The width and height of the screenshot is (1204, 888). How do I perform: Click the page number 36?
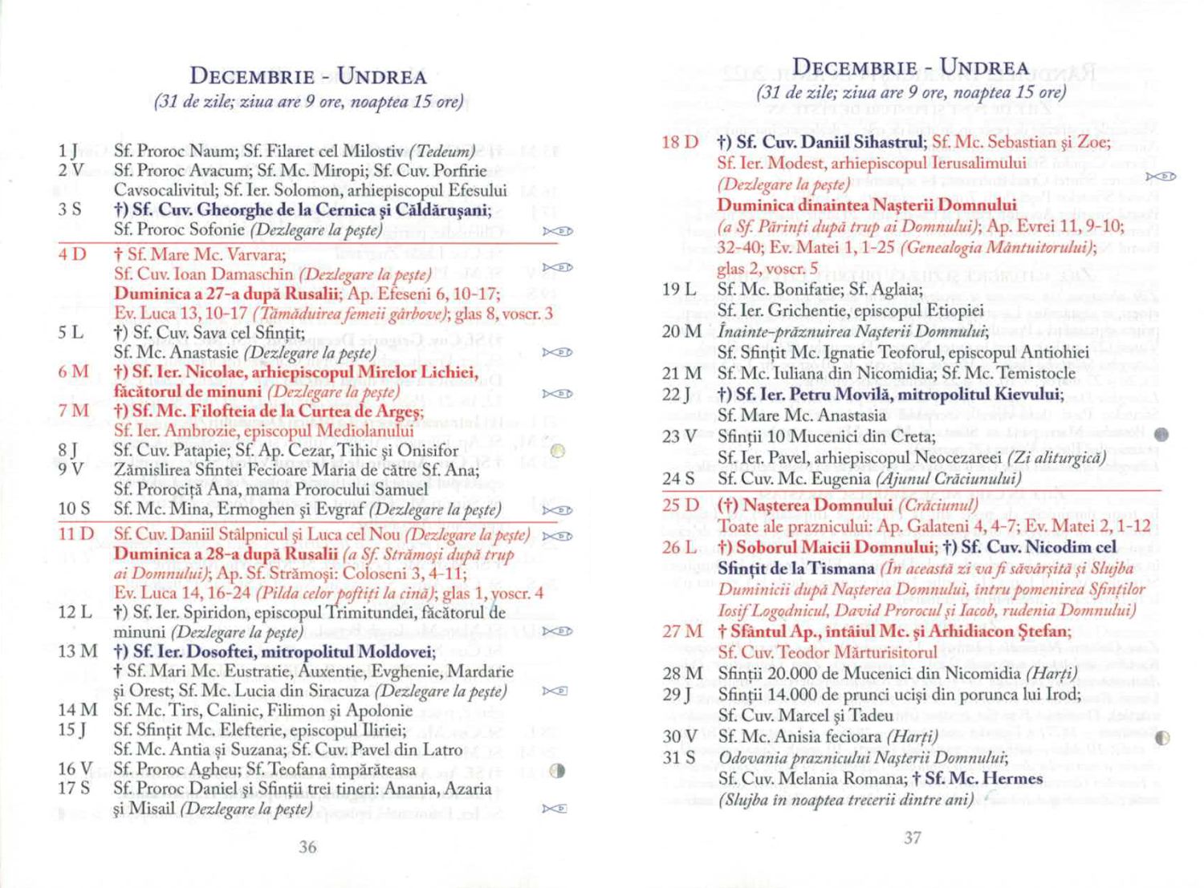(x=307, y=846)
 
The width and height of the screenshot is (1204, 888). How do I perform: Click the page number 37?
(x=913, y=837)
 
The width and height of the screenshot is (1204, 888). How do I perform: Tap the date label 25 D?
(x=680, y=505)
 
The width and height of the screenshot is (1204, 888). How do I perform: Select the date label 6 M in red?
(x=73, y=371)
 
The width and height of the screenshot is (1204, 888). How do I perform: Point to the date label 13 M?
(x=77, y=651)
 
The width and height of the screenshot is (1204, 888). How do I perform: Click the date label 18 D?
(x=680, y=142)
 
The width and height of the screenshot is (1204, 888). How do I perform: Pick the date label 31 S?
(x=679, y=757)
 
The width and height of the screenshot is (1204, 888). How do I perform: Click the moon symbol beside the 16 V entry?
(x=559, y=771)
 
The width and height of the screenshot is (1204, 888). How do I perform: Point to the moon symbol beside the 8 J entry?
(x=559, y=451)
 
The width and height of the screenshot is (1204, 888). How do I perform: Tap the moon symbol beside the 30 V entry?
(x=1161, y=738)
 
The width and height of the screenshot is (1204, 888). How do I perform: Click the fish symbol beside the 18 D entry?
(x=1161, y=176)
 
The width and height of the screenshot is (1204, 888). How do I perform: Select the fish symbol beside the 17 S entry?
(x=555, y=809)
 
